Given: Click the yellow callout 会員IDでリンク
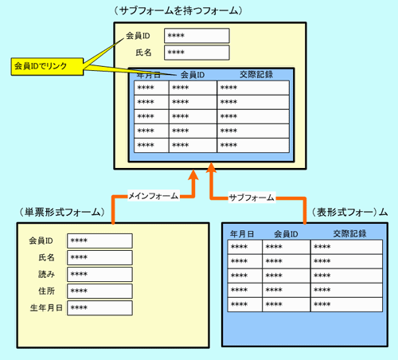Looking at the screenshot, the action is click(47, 66).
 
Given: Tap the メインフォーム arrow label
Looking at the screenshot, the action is click(153, 196).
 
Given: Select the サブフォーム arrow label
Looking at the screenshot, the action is click(252, 198).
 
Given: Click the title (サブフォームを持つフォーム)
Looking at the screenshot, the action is click(178, 11).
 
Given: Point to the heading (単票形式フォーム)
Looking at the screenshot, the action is click(62, 212).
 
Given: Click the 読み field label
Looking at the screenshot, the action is click(46, 274).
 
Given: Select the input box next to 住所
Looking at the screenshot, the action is click(99, 292).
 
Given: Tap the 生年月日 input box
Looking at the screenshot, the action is click(99, 308).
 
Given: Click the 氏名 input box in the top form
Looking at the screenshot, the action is click(197, 53).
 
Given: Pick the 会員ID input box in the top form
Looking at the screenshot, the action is click(197, 36).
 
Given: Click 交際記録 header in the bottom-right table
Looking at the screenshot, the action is click(349, 233).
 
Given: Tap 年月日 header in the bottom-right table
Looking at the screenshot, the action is click(242, 234).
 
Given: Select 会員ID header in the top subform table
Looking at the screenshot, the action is click(193, 75).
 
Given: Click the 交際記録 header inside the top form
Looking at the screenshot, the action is click(256, 74).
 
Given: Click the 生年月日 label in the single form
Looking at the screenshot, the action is click(46, 308).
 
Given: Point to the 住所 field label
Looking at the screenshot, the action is click(47, 292).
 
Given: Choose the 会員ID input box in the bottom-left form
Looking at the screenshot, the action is click(99, 241).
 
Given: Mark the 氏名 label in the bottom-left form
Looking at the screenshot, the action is click(47, 257).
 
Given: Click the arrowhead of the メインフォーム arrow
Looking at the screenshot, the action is click(193, 175).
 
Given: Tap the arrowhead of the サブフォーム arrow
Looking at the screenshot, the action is click(211, 168).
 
